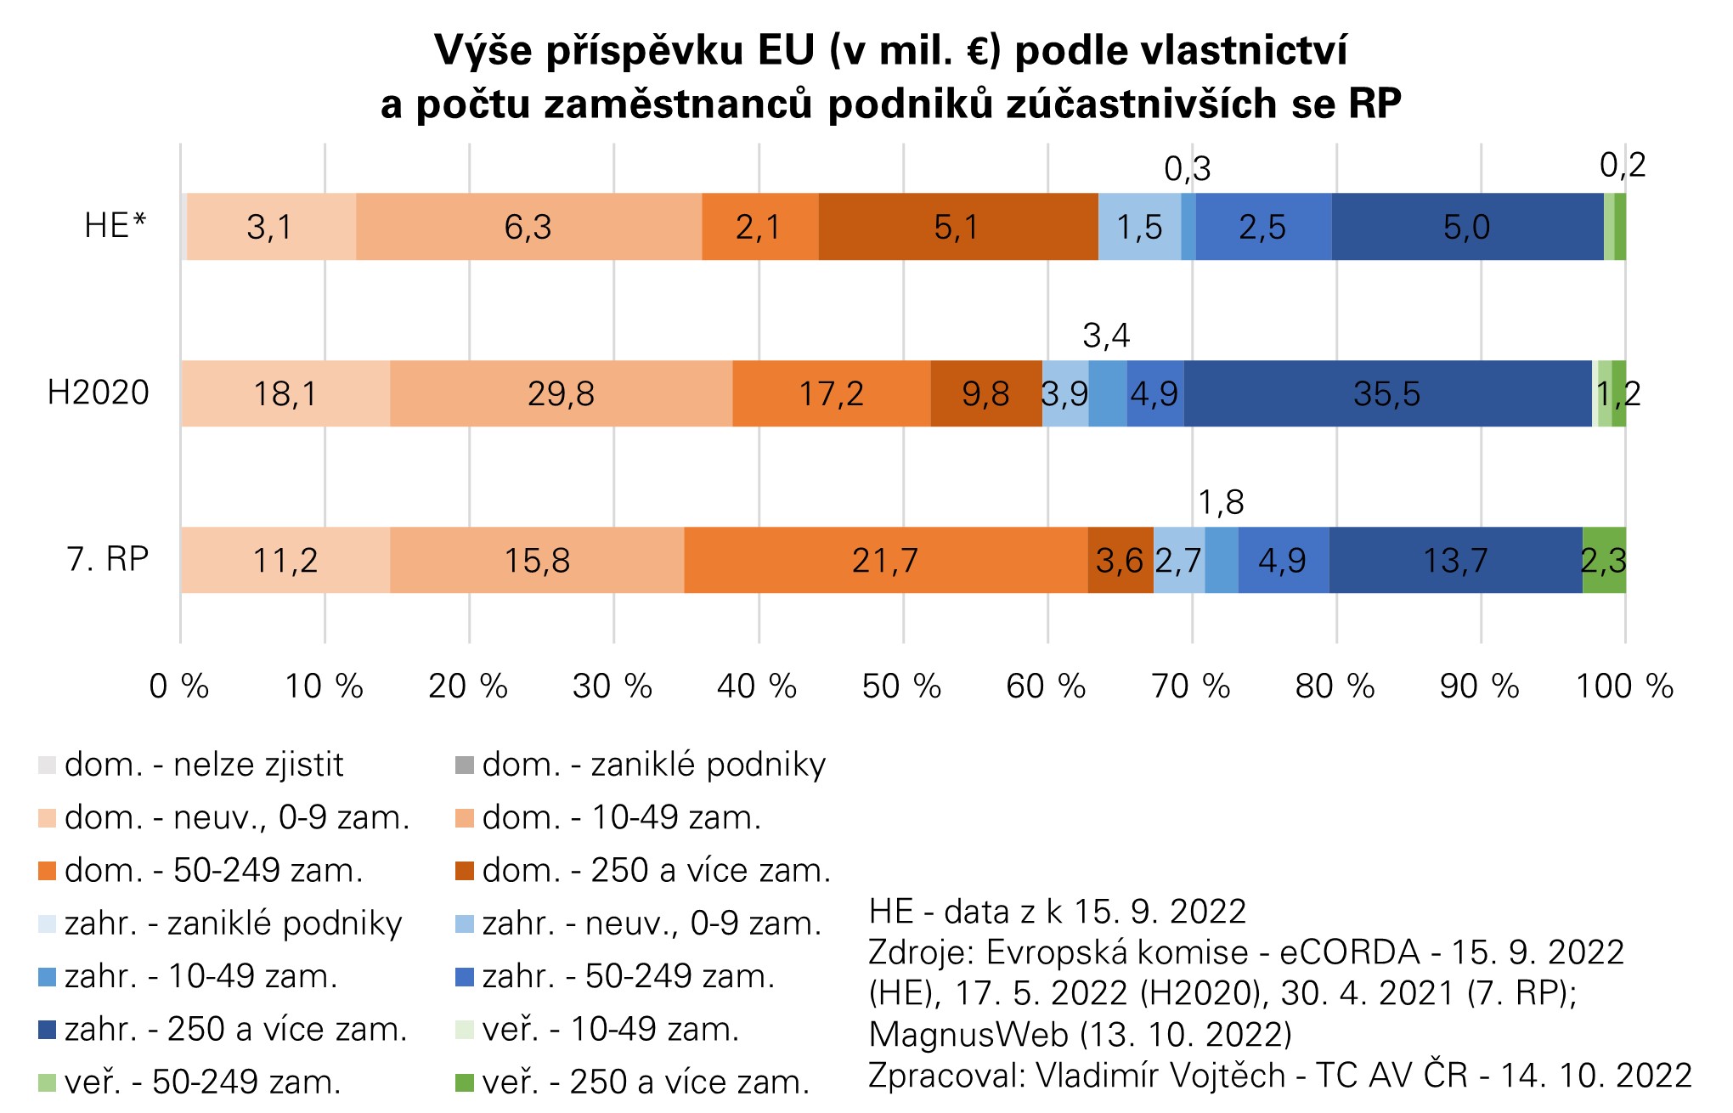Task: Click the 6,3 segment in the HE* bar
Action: (x=528, y=227)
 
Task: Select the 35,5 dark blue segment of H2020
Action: (x=1387, y=393)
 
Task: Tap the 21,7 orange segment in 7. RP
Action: (x=885, y=561)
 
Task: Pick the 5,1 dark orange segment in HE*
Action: (x=957, y=227)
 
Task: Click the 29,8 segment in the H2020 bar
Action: (x=561, y=393)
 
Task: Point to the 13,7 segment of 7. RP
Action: (x=1455, y=561)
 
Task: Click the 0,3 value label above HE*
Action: (x=1187, y=169)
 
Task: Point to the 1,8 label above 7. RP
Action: (x=1221, y=503)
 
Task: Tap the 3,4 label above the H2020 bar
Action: (x=1106, y=336)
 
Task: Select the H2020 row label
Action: (x=98, y=393)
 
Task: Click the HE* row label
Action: (x=115, y=226)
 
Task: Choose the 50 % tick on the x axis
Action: (x=901, y=686)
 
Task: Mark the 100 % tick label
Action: (x=1624, y=686)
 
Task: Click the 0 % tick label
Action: (x=179, y=686)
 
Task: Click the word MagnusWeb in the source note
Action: (x=968, y=1035)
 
